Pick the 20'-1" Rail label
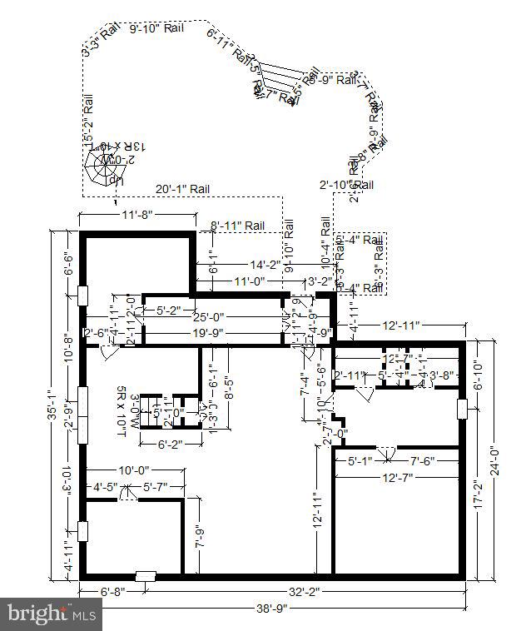(182, 189)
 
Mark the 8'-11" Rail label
(237, 226)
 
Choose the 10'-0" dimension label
(137, 470)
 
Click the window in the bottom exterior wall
(146, 575)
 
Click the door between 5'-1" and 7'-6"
(384, 454)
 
